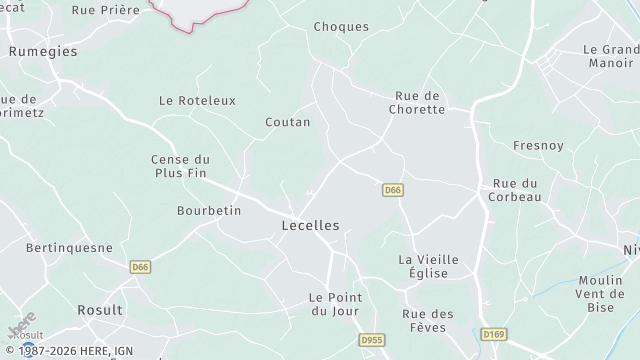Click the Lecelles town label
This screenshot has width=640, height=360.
point(310,226)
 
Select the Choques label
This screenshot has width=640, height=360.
point(341,27)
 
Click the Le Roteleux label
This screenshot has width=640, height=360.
point(197,101)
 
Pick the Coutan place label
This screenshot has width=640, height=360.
point(288,122)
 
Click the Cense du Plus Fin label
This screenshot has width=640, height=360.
point(180,165)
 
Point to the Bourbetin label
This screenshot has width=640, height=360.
point(209,211)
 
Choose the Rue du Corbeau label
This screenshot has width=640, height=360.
point(516,190)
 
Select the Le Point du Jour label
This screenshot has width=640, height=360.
point(335,304)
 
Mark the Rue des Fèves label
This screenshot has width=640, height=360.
point(428,320)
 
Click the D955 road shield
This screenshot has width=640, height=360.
point(372,340)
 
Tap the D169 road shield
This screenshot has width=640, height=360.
point(492,334)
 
